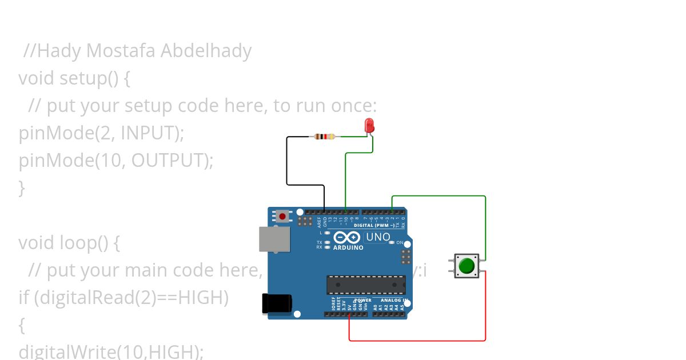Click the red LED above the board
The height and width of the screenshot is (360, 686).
click(x=369, y=124)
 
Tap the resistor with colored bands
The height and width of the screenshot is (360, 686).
click(x=325, y=137)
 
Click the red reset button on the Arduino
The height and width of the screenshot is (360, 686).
click(x=282, y=216)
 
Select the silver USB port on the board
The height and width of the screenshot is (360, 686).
click(x=274, y=239)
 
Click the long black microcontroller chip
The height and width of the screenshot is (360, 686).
click(x=365, y=285)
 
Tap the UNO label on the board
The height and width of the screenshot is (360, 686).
click(x=378, y=237)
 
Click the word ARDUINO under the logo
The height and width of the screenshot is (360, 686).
click(x=348, y=248)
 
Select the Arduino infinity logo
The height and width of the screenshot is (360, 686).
click(x=347, y=237)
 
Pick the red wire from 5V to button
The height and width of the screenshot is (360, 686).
click(x=417, y=341)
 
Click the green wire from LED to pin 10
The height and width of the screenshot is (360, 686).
click(x=346, y=177)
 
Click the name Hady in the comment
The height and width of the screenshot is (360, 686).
click(x=59, y=51)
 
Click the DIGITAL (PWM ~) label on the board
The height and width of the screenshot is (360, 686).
click(x=374, y=225)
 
